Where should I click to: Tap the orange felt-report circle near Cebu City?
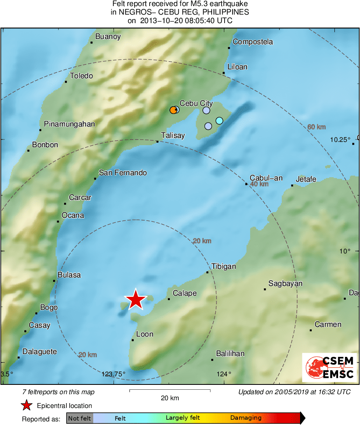(173, 110)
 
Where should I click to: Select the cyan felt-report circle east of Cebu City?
(219, 120)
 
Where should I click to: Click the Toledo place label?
(81, 76)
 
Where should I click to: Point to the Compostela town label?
(253, 42)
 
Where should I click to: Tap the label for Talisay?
(173, 135)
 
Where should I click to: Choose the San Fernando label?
(123, 173)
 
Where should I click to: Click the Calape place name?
(184, 293)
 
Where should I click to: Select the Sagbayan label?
(285, 283)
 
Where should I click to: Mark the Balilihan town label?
(230, 354)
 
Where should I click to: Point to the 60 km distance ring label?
(317, 127)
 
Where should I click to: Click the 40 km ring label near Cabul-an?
(259, 184)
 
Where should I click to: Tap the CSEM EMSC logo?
(330, 367)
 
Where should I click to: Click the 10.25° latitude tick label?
(340, 140)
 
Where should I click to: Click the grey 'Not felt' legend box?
(79, 418)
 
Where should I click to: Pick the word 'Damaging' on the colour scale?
(246, 418)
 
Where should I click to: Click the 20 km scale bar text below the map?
(169, 398)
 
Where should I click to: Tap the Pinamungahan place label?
(69, 124)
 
